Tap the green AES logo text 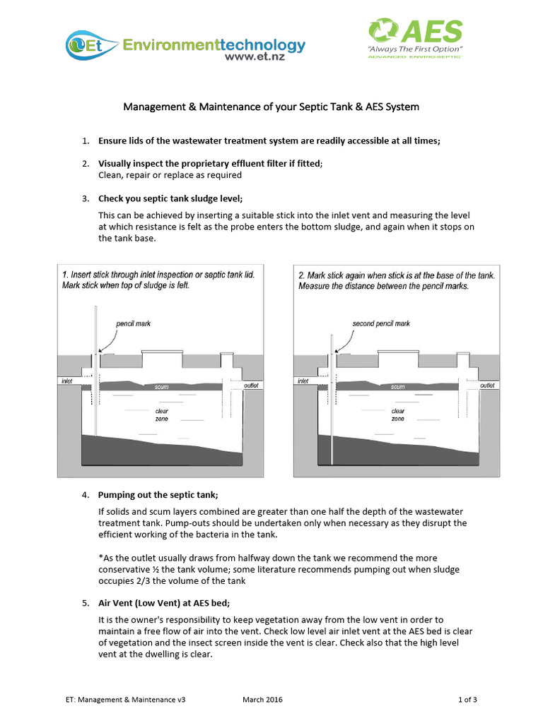point(431,32)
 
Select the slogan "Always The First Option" point(414,49)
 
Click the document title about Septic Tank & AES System point(271,107)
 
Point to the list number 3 point(85,198)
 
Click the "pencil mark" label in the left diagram point(133,323)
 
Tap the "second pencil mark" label point(381,323)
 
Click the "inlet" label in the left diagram point(66,381)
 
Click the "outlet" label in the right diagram point(486,386)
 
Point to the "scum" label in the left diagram point(160,387)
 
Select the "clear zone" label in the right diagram point(398,414)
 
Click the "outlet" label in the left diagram point(250,386)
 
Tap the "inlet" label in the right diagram point(303,381)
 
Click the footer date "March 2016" point(262,700)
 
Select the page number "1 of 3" point(467,700)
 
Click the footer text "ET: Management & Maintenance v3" point(124,700)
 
